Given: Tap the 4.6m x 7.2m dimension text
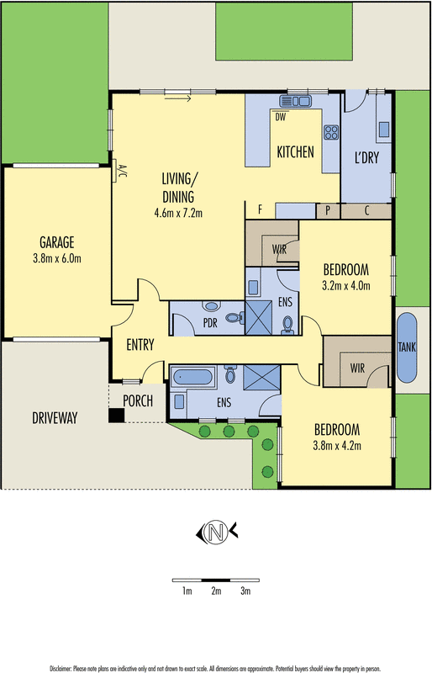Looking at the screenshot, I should coord(180,213).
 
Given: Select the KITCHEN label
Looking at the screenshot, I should coord(295,152).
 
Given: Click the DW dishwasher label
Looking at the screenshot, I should coord(281,116).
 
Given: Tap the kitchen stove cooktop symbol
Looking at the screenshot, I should coord(330,131).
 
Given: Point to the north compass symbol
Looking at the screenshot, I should coord(217,531).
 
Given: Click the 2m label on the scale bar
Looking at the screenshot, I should coord(216,592).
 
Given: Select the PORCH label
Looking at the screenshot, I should coord(138,401).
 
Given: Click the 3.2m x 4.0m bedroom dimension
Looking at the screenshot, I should coord(346,286).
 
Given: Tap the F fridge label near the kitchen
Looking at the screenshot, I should coord(261,208).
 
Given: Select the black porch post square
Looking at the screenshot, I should coord(115,415).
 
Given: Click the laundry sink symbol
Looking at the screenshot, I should coord(383,129).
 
